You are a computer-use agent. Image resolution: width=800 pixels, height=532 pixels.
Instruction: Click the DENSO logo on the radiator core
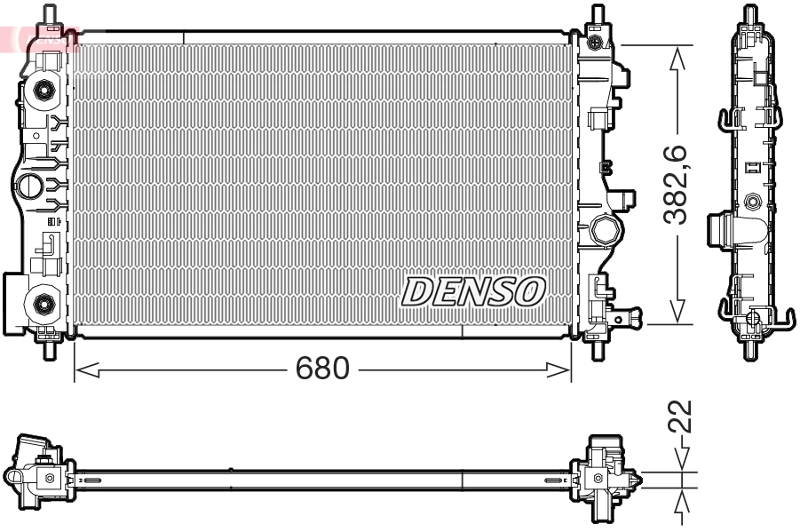pos(474,290)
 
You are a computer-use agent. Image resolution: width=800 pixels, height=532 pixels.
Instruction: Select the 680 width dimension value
pos(322,369)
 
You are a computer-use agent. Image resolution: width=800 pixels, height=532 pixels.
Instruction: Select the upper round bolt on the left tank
pos(41,89)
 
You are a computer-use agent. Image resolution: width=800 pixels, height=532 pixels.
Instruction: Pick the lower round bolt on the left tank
pos(41,304)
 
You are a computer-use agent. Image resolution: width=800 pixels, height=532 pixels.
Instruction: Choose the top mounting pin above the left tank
pos(50,15)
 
